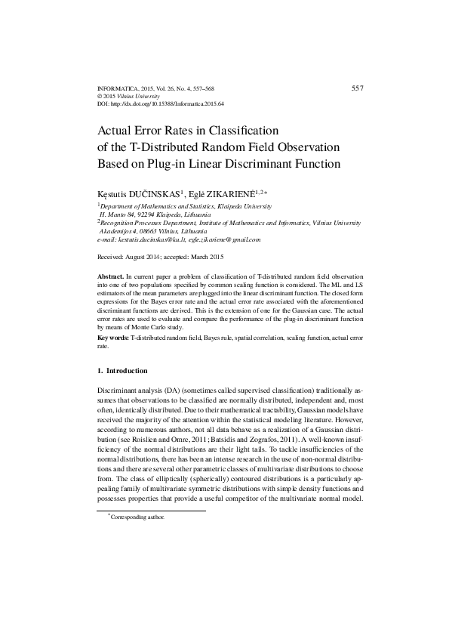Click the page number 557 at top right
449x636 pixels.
click(358, 88)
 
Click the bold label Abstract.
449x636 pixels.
click(112, 279)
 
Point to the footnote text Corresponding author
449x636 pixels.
click(138, 517)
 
